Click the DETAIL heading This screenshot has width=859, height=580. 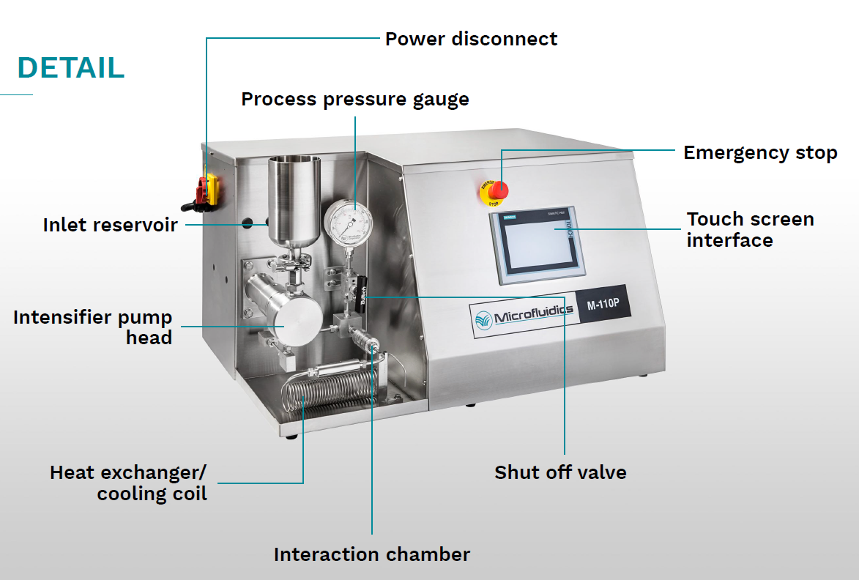click(71, 67)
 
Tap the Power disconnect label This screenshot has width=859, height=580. click(471, 39)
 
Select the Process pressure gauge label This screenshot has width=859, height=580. click(355, 99)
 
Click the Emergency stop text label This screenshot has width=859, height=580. click(759, 152)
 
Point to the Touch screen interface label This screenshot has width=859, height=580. click(750, 229)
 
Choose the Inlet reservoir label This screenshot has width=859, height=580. click(110, 225)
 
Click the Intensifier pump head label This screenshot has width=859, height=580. click(93, 327)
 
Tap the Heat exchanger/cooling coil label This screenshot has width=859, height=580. click(129, 483)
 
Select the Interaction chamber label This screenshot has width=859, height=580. click(371, 554)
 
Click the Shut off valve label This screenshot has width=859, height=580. click(560, 472)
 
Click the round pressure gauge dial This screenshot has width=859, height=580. click(348, 223)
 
